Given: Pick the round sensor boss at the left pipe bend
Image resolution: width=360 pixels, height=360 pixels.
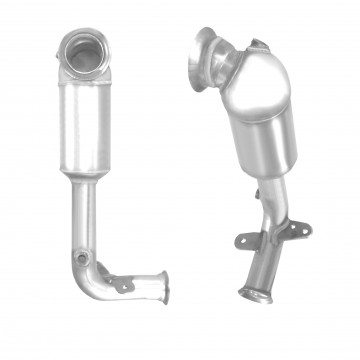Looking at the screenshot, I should tap(82, 259).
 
